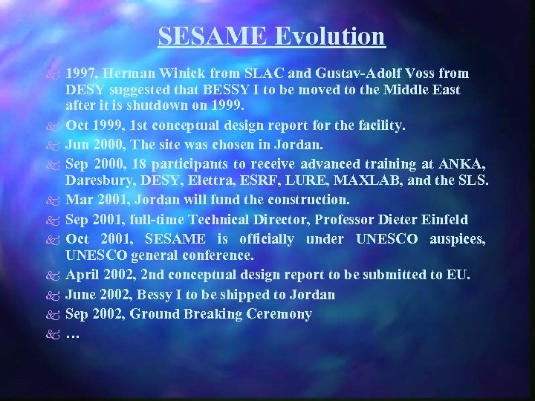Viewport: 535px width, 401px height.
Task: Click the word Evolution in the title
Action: pyautogui.click(x=334, y=36)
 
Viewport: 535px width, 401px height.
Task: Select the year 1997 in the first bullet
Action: pyautogui.click(x=81, y=74)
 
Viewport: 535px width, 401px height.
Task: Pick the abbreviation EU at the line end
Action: pyautogui.click(x=459, y=276)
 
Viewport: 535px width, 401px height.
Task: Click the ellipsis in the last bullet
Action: pyautogui.click(x=72, y=333)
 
